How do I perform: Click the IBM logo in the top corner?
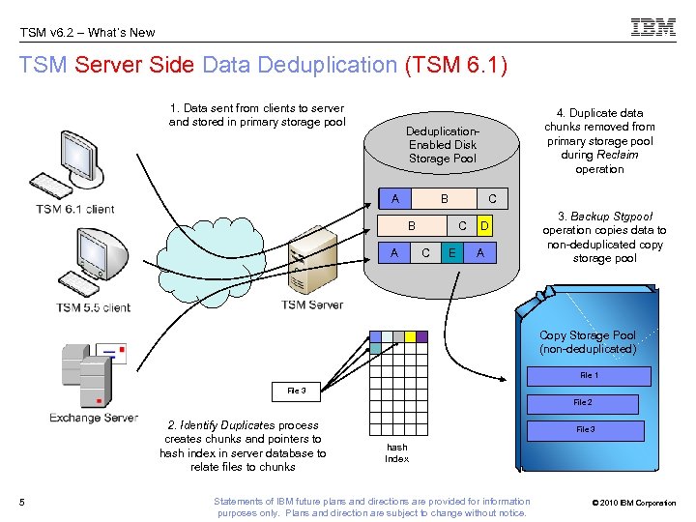point(653,28)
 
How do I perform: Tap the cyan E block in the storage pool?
point(450,252)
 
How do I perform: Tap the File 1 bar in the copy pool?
point(588,375)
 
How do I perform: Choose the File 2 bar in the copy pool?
point(582,402)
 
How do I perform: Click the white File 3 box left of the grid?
point(296,391)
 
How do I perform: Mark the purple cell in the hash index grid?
point(421,336)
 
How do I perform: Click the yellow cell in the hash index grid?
point(409,336)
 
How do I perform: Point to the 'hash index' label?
point(396,453)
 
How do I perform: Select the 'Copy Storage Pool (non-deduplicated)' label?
point(587,341)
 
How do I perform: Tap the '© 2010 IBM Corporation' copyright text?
point(632,503)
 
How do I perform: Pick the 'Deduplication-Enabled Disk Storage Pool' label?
point(442,144)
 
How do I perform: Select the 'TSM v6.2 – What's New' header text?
point(87,32)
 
